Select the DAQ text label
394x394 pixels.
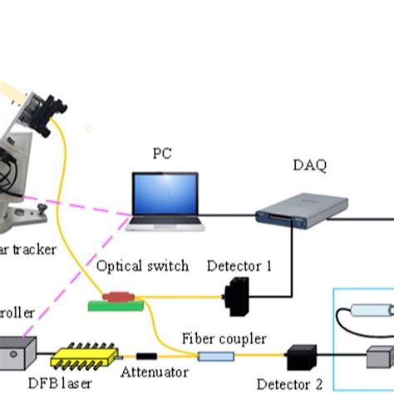tap(309, 165)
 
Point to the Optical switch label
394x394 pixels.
tap(142, 266)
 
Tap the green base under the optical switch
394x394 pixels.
tap(116, 307)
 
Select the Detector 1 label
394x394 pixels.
tap(240, 266)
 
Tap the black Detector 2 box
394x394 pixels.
tap(298, 358)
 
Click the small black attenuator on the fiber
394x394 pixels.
tap(146, 356)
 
